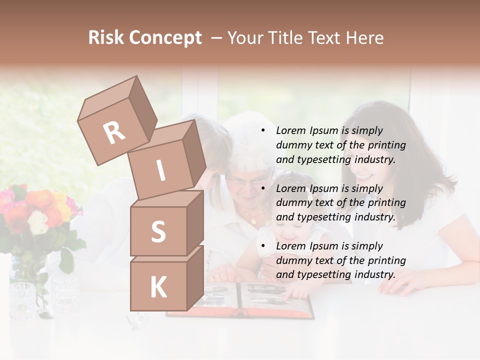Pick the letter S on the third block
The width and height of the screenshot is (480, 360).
click(x=158, y=232)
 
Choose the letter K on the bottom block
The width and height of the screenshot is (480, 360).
click(x=158, y=287)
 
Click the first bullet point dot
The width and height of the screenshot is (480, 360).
click(x=262, y=131)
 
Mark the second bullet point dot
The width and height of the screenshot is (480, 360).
click(x=262, y=188)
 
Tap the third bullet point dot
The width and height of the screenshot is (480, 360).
click(x=262, y=246)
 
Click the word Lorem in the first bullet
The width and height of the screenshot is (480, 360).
click(x=290, y=130)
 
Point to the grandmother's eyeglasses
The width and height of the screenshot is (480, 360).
click(x=246, y=184)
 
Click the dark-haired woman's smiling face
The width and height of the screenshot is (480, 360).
click(x=367, y=170)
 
